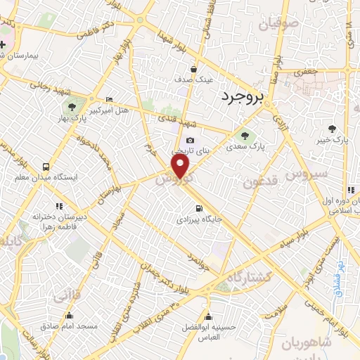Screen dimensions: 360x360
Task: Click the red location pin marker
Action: point(181,167)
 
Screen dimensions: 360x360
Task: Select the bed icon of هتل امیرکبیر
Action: point(108,99)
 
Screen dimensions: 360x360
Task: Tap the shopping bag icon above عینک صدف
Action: point(185,69)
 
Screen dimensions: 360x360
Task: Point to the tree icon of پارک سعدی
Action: point(245,135)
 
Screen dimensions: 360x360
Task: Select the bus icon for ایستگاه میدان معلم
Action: point(46,167)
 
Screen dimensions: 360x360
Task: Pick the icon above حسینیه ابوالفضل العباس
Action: point(207,315)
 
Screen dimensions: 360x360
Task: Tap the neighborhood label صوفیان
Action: point(278,25)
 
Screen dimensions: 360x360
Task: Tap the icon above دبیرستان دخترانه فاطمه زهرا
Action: point(59,206)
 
